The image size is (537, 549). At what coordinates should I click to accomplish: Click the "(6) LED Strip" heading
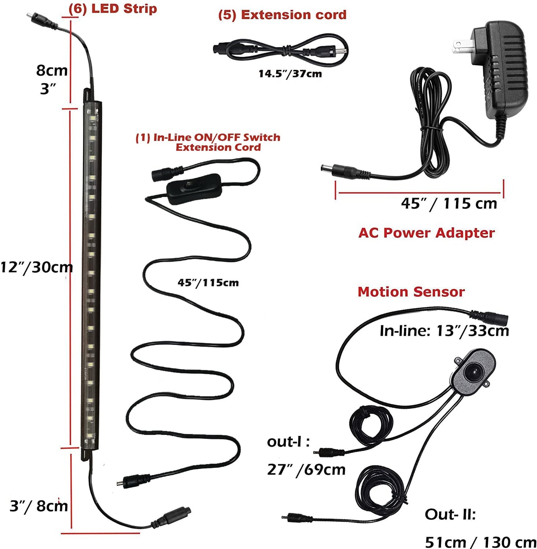(113, 9)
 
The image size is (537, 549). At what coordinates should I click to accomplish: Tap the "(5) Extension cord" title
(282, 15)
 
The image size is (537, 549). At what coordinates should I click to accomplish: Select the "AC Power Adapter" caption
(427, 233)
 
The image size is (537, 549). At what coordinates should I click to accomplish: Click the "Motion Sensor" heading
(411, 292)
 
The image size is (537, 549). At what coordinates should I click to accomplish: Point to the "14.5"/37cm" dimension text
(290, 74)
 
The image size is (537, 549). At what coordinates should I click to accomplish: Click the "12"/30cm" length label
(36, 267)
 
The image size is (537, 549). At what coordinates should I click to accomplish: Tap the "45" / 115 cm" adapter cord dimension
(449, 204)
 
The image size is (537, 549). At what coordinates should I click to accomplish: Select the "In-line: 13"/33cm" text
(444, 330)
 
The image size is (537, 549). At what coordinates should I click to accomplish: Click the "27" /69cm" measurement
(306, 469)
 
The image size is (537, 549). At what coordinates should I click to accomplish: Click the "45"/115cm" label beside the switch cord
(208, 283)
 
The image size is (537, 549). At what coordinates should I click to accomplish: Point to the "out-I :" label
(288, 442)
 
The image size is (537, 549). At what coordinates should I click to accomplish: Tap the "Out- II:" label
(450, 514)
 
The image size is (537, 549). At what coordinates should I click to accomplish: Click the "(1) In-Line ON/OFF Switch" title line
(208, 137)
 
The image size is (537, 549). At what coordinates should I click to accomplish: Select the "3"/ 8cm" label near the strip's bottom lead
(39, 506)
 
